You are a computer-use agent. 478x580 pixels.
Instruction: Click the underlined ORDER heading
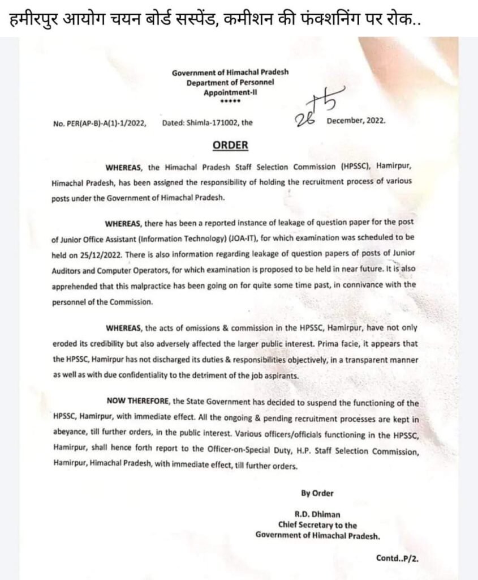(x=230, y=146)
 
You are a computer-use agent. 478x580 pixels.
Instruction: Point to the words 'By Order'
(x=317, y=493)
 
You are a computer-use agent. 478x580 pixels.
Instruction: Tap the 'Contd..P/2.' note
(x=398, y=558)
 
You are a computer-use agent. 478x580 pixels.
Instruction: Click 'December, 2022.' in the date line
(x=356, y=121)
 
